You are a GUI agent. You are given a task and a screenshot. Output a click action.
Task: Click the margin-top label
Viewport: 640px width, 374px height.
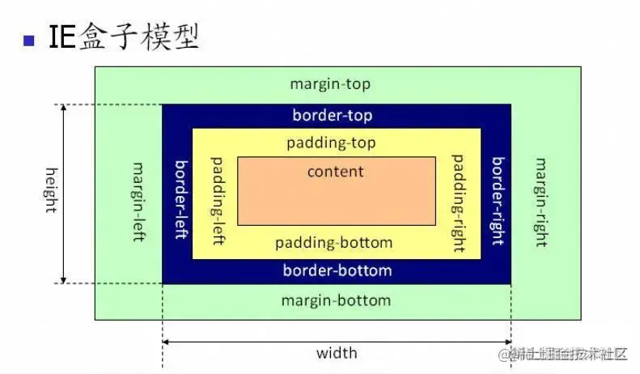point(330,84)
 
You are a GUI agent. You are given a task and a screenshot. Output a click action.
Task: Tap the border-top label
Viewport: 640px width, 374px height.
point(333,116)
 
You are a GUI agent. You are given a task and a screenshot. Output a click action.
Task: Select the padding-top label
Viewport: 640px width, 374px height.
point(332,142)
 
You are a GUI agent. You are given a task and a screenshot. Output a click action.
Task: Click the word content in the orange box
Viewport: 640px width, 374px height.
point(336,172)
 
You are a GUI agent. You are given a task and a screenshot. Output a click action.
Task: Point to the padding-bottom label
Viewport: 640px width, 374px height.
point(333,243)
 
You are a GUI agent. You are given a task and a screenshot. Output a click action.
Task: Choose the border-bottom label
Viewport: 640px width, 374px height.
point(337,270)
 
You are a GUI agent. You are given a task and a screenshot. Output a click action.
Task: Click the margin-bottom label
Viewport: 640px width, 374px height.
point(336,300)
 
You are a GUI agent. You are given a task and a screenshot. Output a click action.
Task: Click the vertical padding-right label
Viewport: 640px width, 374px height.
point(458,202)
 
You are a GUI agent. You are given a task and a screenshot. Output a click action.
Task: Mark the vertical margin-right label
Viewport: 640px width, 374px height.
point(540,202)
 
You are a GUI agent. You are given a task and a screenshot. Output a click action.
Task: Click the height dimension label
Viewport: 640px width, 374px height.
point(50,189)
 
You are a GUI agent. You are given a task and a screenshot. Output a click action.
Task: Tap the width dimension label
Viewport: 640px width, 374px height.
point(337,354)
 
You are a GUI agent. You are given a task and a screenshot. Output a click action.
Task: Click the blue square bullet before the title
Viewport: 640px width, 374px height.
point(30,40)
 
